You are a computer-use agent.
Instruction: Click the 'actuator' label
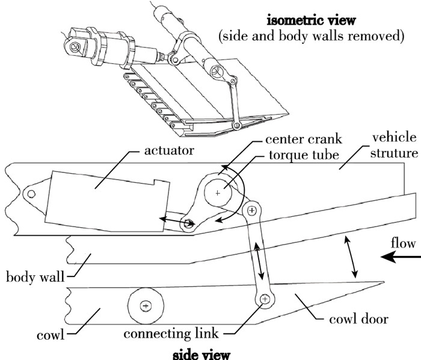[168, 150]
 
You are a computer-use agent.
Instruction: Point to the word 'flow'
[403, 244]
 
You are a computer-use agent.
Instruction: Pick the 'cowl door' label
[358, 319]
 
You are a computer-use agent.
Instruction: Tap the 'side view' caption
[201, 353]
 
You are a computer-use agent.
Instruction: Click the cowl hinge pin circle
[144, 305]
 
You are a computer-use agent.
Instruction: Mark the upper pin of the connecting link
[251, 210]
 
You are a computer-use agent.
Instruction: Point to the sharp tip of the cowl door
[383, 282]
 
